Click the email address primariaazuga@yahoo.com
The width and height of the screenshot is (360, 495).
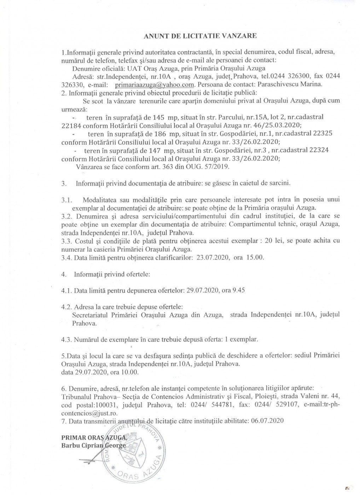coord(155,85)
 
